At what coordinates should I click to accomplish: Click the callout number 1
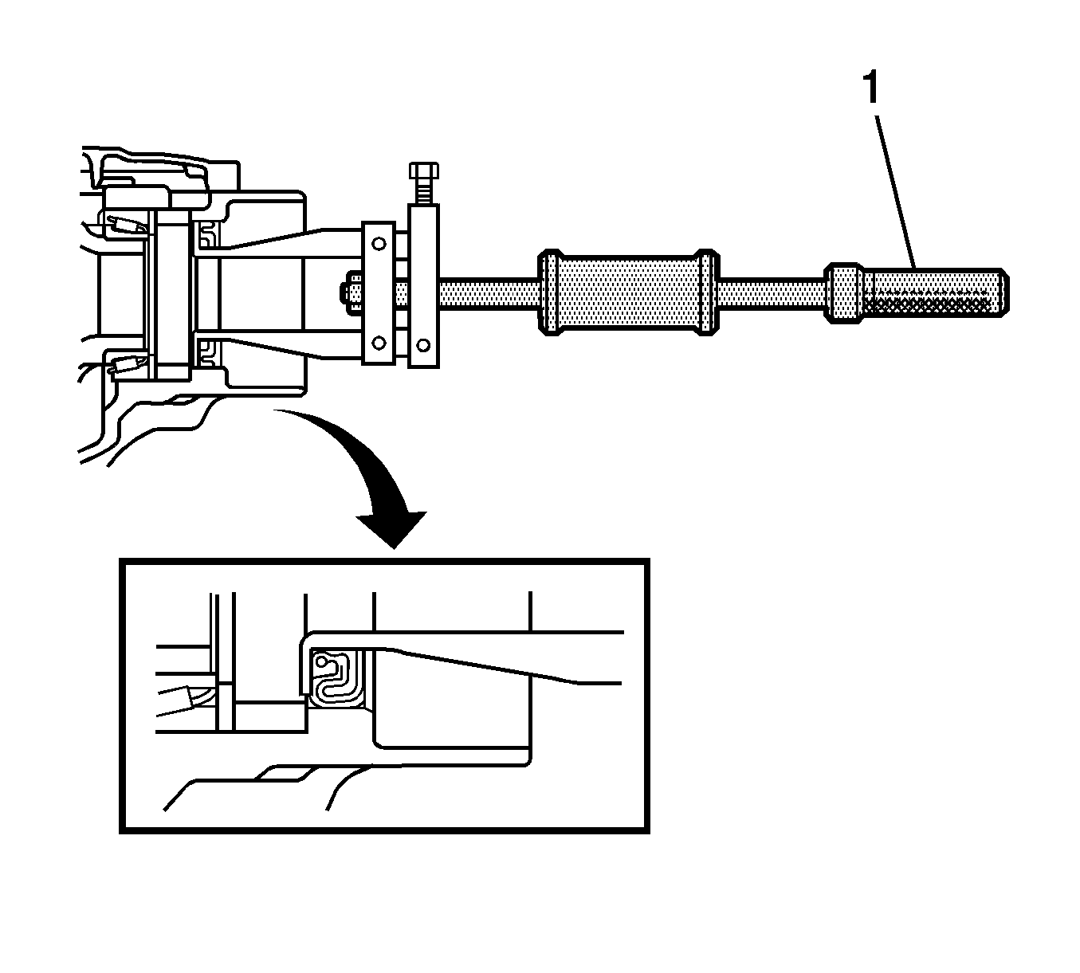(x=871, y=89)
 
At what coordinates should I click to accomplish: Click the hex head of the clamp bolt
(x=423, y=171)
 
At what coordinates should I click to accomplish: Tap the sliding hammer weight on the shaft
(x=626, y=292)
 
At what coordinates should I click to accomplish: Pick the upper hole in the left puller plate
(x=379, y=242)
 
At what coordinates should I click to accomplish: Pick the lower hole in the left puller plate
(x=379, y=343)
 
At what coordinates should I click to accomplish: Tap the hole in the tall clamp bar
(x=423, y=344)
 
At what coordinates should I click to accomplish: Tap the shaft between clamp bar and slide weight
(x=486, y=293)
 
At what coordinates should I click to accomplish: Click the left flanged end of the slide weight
(x=550, y=292)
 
